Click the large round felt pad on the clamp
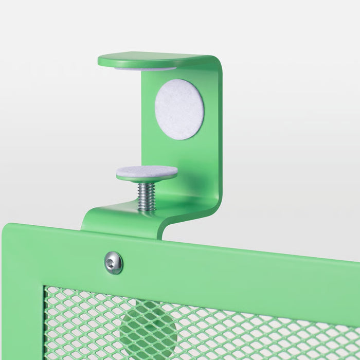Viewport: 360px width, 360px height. click(179, 109)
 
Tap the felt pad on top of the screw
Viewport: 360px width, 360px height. click(147, 171)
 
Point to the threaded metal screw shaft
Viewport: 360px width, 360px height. click(147, 196)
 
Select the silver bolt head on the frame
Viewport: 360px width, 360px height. click(113, 263)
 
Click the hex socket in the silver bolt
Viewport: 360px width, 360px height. click(113, 263)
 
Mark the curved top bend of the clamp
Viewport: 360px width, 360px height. click(215, 64)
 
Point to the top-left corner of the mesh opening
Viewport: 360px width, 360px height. click(47, 289)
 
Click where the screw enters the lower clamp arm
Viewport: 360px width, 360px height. click(146, 209)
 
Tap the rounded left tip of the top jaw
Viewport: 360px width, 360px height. click(101, 61)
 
